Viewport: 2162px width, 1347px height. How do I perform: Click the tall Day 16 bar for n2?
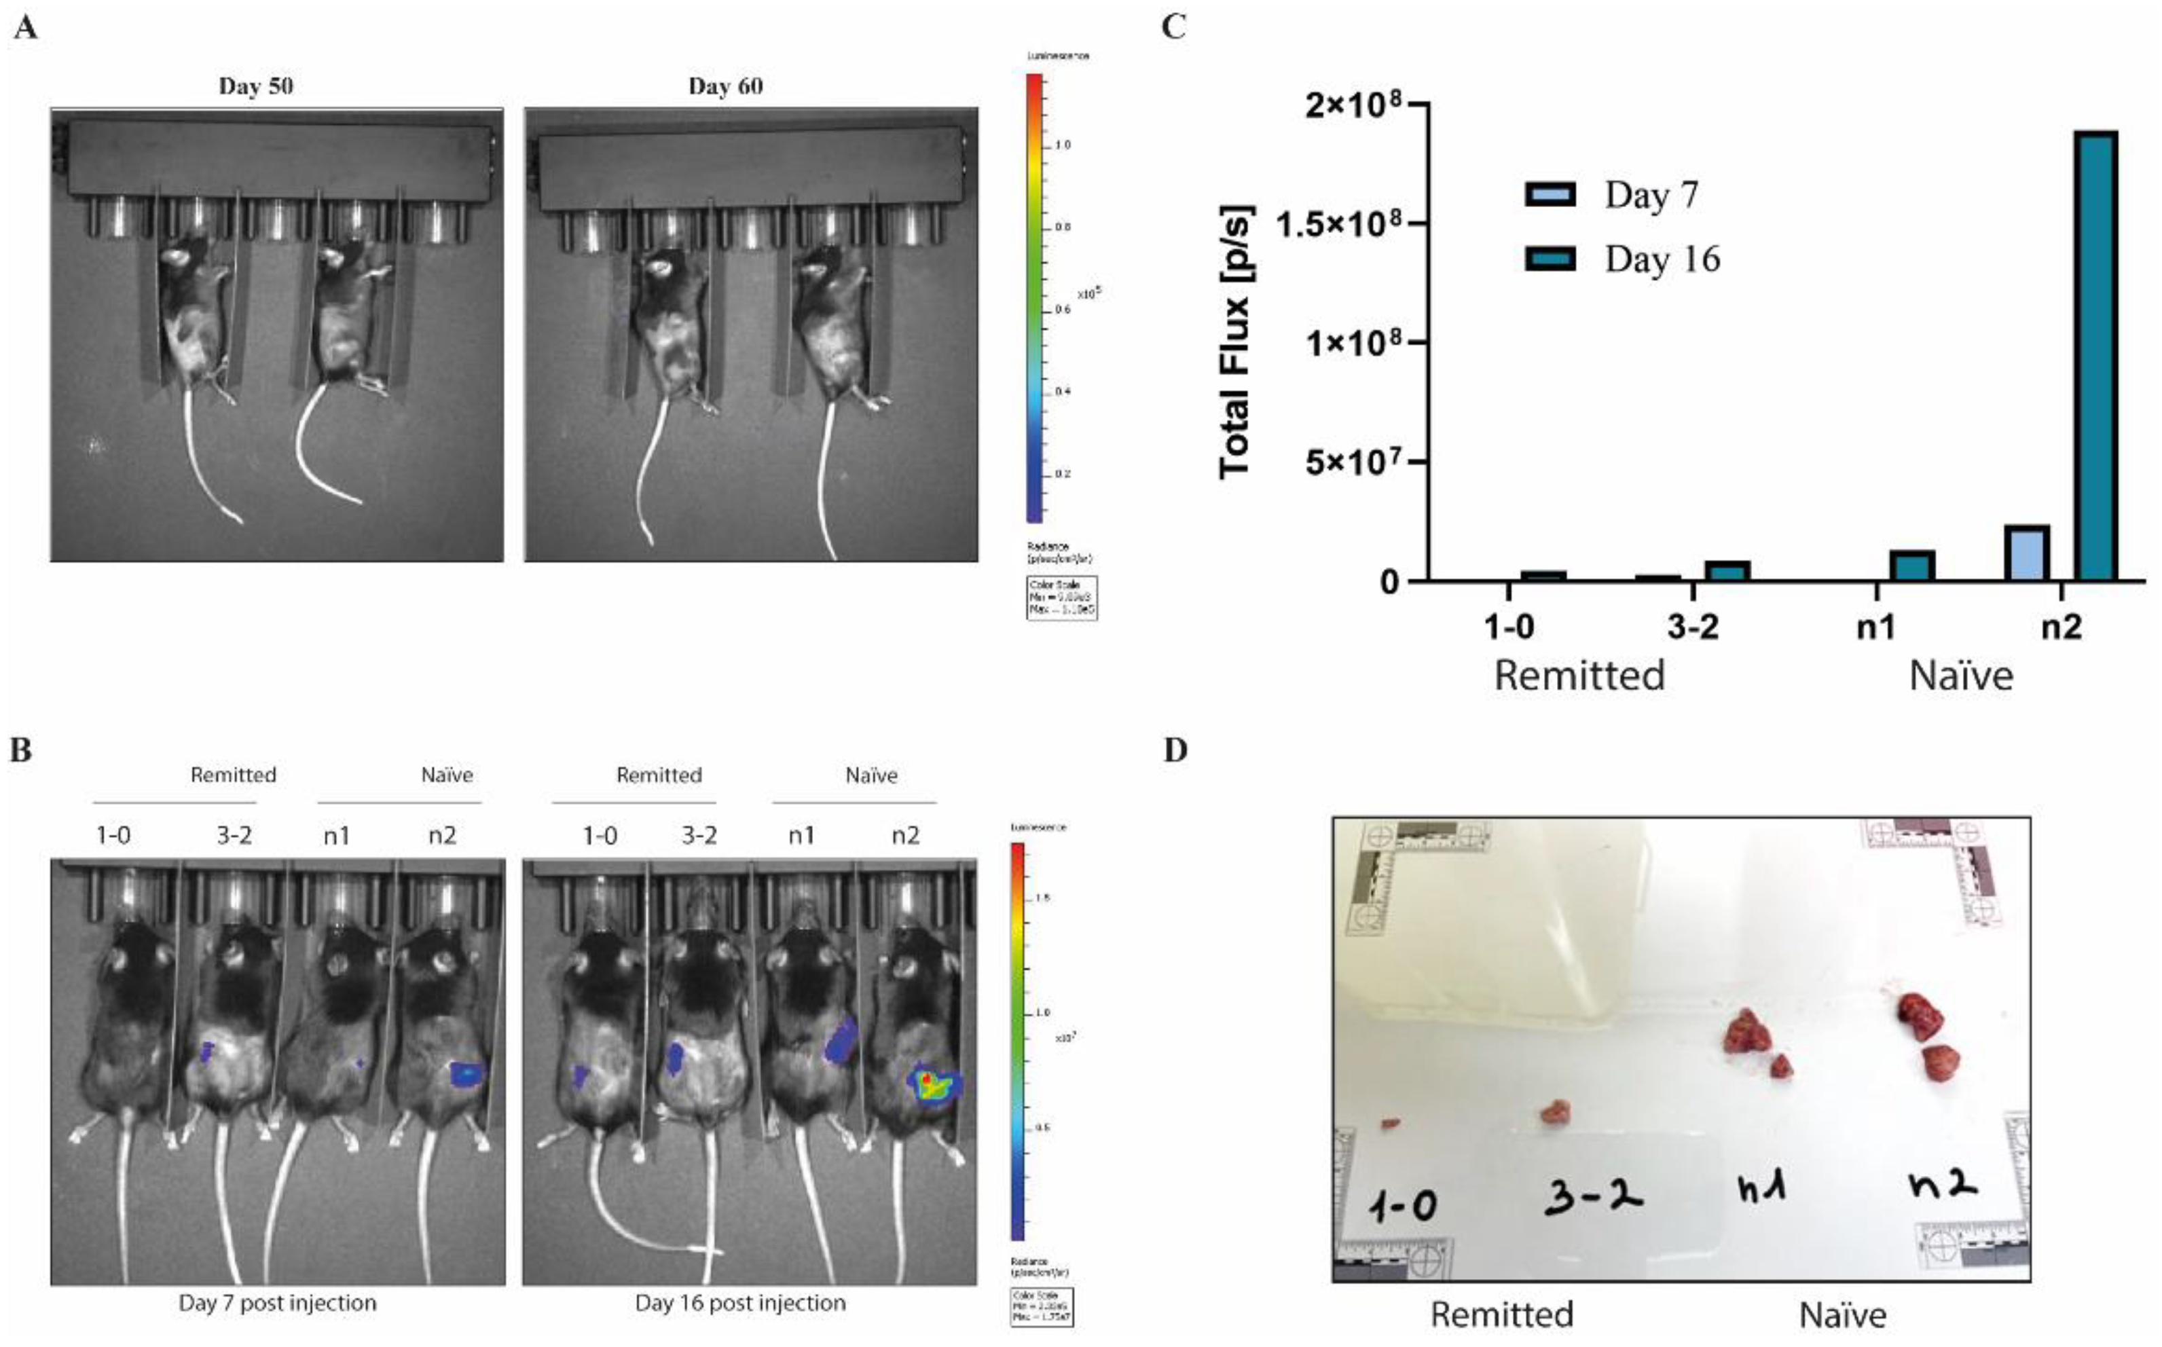pyautogui.click(x=2096, y=356)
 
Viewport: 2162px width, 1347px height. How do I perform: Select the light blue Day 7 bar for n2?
pyautogui.click(x=2027, y=553)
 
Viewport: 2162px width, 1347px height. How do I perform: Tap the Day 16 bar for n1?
pyautogui.click(x=1911, y=566)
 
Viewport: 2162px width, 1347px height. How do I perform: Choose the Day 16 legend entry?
pyautogui.click(x=1621, y=259)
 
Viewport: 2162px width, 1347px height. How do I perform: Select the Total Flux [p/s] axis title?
pyautogui.click(x=1236, y=342)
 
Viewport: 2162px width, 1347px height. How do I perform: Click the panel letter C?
pyautogui.click(x=1174, y=26)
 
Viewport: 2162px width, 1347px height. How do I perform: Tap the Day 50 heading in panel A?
pyautogui.click(x=256, y=86)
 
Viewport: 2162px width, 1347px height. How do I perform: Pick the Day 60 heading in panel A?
pyautogui.click(x=725, y=86)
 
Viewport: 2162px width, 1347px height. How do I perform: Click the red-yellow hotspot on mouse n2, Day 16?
pyautogui.click(x=928, y=1080)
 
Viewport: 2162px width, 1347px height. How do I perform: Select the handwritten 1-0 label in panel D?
pyautogui.click(x=1403, y=1207)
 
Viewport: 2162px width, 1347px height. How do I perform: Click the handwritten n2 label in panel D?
pyautogui.click(x=1943, y=1185)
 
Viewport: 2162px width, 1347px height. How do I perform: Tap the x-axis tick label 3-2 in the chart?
pyautogui.click(x=1693, y=628)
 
